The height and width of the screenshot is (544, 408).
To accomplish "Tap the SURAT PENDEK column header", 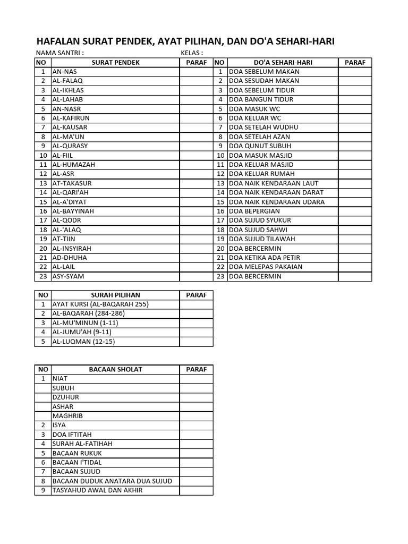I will pyautogui.click(x=115, y=63).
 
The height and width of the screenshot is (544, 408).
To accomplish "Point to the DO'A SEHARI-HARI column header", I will pyautogui.click(x=282, y=63).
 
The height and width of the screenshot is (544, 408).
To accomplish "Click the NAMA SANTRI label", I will pyautogui.click(x=59, y=53).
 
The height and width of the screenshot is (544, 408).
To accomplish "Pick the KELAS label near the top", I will pyautogui.click(x=192, y=53).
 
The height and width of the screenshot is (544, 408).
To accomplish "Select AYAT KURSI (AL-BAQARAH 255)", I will pyautogui.click(x=100, y=304).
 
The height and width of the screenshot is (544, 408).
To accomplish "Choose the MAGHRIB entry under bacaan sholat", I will pyautogui.click(x=67, y=416).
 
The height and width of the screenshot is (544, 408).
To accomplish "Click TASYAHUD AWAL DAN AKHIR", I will pyautogui.click(x=97, y=490).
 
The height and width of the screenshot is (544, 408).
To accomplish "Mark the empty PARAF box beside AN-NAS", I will pyautogui.click(x=196, y=72).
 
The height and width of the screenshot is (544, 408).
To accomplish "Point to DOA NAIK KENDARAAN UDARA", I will pyautogui.click(x=277, y=202).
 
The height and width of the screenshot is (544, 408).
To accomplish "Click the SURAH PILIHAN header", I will pyautogui.click(x=115, y=295).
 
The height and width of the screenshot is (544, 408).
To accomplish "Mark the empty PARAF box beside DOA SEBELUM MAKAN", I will pyautogui.click(x=355, y=72).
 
